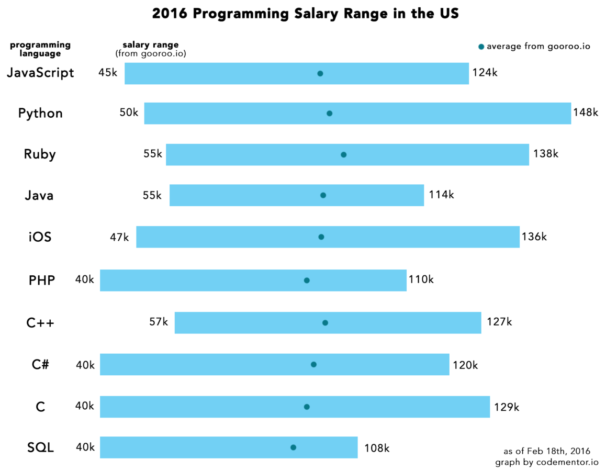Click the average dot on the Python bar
(x=329, y=113)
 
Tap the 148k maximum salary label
(x=585, y=113)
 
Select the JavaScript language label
(x=40, y=73)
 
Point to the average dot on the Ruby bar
(x=343, y=154)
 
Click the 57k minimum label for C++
(x=159, y=322)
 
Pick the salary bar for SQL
(x=229, y=447)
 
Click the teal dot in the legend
(x=481, y=47)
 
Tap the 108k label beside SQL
(x=377, y=448)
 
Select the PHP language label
(x=42, y=280)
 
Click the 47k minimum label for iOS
(x=119, y=237)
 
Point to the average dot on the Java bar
(x=323, y=195)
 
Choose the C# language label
(x=40, y=364)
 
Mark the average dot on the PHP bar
(x=307, y=281)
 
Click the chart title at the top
(x=305, y=14)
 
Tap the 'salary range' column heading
(x=150, y=45)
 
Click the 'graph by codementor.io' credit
(x=546, y=462)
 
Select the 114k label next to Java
(x=441, y=195)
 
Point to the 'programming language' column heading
(x=40, y=49)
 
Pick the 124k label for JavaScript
(x=485, y=73)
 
